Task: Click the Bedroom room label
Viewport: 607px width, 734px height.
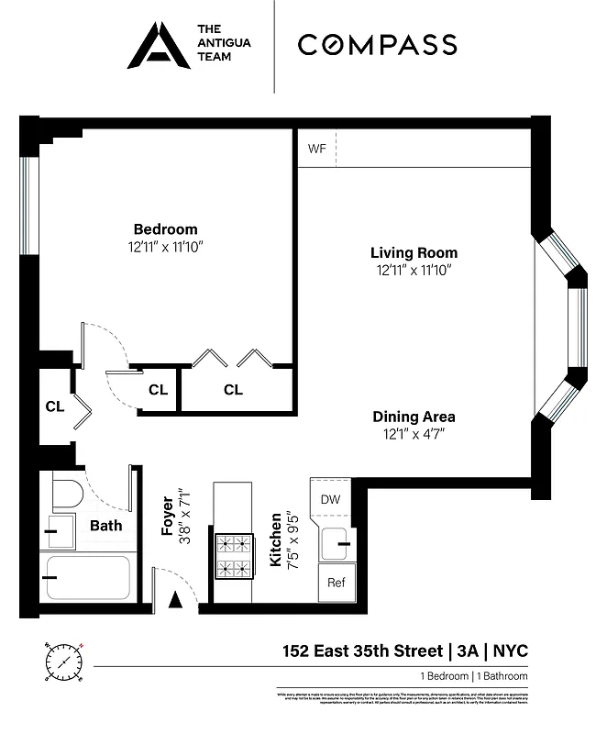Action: pos(165,229)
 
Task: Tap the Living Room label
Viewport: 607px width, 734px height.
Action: pos(414,253)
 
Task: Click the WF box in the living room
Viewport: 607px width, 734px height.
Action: pos(317,149)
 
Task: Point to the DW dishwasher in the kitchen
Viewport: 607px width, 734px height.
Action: pos(330,499)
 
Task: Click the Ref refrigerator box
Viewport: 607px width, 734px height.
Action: pos(336,583)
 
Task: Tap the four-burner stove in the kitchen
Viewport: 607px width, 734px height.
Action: pos(233,556)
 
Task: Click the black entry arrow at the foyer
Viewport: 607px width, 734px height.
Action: pos(176,601)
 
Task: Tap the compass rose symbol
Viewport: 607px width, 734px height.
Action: pos(62,661)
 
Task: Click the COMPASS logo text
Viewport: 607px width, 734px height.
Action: pos(377,44)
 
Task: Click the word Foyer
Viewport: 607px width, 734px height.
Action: pos(168,517)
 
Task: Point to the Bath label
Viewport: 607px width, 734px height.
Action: pos(105,526)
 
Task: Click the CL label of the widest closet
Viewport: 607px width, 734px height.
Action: pos(233,390)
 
